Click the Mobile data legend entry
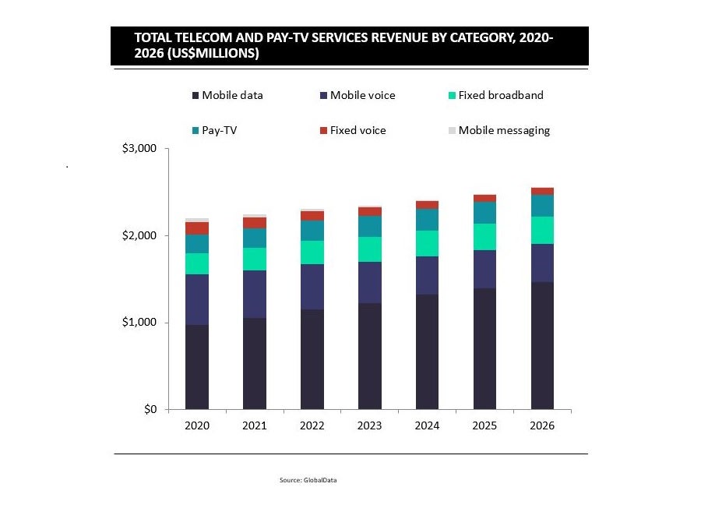[232, 96]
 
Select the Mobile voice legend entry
[362, 96]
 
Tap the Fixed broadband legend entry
[500, 96]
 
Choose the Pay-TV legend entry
[219, 131]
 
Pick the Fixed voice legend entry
[358, 131]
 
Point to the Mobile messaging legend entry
[504, 131]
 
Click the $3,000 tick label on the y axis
[140, 149]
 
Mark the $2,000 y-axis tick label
[140, 235]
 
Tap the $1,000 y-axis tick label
[140, 323]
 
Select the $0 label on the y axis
[149, 409]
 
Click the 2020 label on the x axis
[196, 425]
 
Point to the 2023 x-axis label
[369, 425]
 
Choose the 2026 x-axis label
[542, 425]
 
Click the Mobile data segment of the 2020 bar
[196, 367]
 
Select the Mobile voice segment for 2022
[312, 287]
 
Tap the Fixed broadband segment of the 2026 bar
[542, 231]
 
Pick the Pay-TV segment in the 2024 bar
[427, 220]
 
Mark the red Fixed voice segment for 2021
[254, 223]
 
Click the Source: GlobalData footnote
[308, 480]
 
